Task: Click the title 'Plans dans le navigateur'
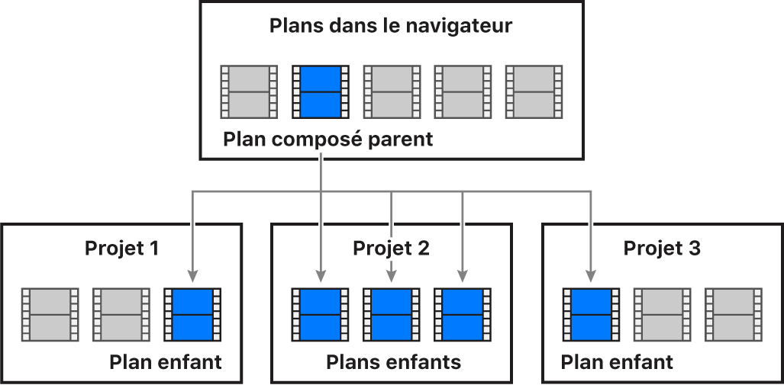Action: coord(391,26)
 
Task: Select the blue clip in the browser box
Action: coord(321,91)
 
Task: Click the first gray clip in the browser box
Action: coord(249,91)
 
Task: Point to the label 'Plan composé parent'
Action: coord(328,140)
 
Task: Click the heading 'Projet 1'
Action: coord(122,249)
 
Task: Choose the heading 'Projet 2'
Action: coord(391,249)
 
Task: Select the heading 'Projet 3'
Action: coord(662,249)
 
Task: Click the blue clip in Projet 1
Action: coord(193,314)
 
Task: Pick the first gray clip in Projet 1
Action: coord(50,314)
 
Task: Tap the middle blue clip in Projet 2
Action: coord(391,314)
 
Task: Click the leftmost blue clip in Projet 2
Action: coord(320,314)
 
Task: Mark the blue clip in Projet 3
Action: coord(591,314)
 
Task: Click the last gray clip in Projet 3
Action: coord(734,314)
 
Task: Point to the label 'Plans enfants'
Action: coord(394,362)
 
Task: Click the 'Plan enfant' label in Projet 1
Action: coord(166,362)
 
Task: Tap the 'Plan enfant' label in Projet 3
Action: coord(617,362)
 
